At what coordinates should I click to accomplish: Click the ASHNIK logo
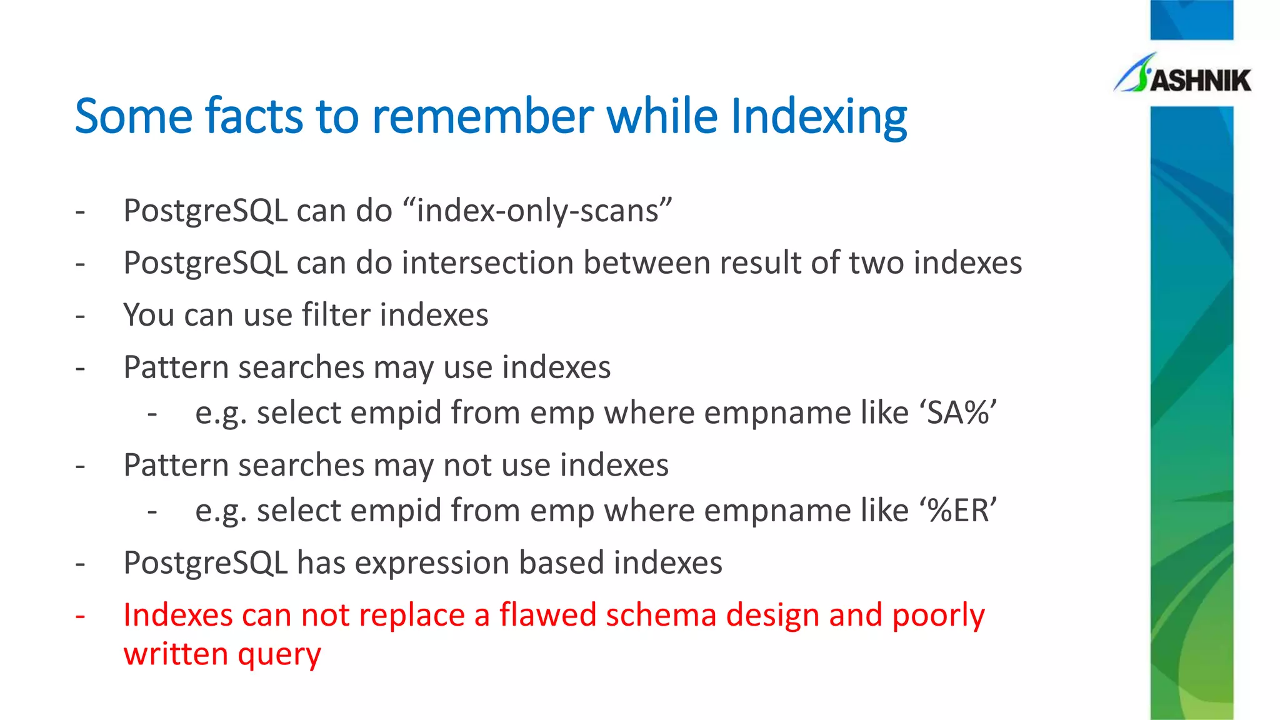[1182, 76]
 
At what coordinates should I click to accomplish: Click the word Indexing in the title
[818, 117]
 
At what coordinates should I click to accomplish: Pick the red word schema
[661, 615]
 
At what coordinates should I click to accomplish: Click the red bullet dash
[80, 616]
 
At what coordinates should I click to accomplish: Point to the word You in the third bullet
[149, 314]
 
